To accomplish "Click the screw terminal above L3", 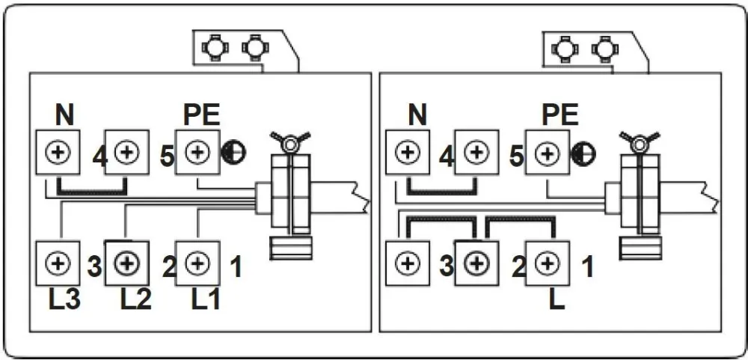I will click(x=58, y=263).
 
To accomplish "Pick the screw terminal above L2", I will click(x=126, y=263).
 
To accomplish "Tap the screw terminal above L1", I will click(x=196, y=263).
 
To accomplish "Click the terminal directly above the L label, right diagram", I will click(x=547, y=263).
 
